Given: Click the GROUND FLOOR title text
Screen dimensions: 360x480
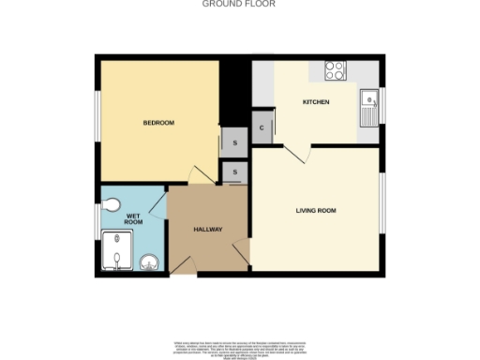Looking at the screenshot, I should [x=240, y=4].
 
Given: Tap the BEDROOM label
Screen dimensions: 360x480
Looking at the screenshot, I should [x=158, y=123].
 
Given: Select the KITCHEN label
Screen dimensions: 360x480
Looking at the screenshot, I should [x=315, y=101].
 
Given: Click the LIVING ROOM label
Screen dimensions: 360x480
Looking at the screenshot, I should [x=315, y=210].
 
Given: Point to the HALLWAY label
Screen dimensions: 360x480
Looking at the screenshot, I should [x=207, y=229].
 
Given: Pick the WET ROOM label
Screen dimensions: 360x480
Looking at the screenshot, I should [x=134, y=220].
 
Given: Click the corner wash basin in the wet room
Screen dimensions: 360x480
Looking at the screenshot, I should [x=146, y=261].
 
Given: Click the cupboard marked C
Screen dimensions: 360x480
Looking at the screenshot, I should [x=262, y=128].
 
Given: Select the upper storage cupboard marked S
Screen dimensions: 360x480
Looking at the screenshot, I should [x=232, y=142].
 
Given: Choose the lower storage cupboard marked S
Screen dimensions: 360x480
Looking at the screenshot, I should [x=234, y=172].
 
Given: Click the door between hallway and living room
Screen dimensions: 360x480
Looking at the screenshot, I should [x=240, y=247].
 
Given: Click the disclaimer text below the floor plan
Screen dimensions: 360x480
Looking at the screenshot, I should [x=240, y=346].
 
